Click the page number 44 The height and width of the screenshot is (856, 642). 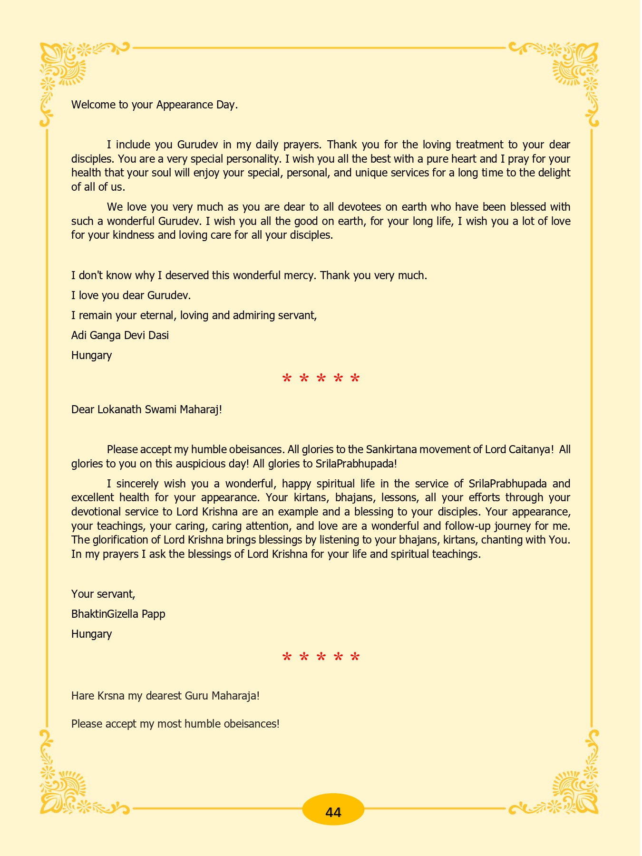(x=333, y=812)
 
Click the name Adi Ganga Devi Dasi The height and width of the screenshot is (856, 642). (x=120, y=335)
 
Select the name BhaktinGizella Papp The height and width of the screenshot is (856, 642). (x=118, y=614)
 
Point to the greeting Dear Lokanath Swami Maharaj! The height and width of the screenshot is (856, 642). (x=146, y=409)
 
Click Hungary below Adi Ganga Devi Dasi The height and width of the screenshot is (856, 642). (x=91, y=355)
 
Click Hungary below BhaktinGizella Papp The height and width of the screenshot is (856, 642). (x=91, y=634)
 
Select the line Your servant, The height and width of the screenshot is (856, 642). (x=103, y=594)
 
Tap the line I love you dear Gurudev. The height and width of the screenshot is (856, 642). (x=131, y=295)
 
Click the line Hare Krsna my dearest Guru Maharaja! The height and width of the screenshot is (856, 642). (x=165, y=696)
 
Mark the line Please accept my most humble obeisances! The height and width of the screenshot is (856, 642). (x=175, y=724)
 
